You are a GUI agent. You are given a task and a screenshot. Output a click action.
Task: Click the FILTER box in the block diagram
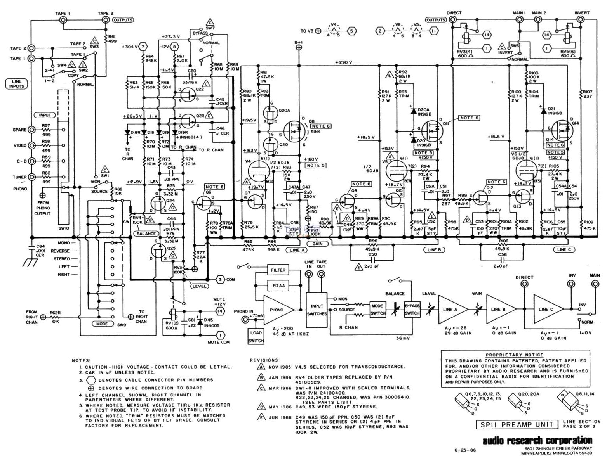[278, 270]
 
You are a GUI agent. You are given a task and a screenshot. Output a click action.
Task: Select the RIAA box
[278, 286]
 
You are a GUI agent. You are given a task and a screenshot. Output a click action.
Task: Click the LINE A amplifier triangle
[450, 309]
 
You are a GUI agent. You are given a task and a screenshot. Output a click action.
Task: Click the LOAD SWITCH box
[256, 336]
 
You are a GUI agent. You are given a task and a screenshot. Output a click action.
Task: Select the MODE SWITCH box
[378, 309]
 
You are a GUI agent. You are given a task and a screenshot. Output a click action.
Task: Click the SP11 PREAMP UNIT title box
[517, 424]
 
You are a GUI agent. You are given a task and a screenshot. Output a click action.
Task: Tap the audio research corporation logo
[537, 440]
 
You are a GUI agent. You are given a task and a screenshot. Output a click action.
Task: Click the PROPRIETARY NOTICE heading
[514, 355]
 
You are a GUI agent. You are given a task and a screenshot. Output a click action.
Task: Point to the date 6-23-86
[464, 451]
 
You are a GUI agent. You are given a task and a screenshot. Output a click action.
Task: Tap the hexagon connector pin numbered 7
[143, 47]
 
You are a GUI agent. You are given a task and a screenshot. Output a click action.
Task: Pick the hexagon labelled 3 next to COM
[220, 279]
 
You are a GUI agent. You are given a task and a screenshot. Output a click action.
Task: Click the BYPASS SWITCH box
[412, 309]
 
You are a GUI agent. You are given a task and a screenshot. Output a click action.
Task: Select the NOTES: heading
[81, 360]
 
